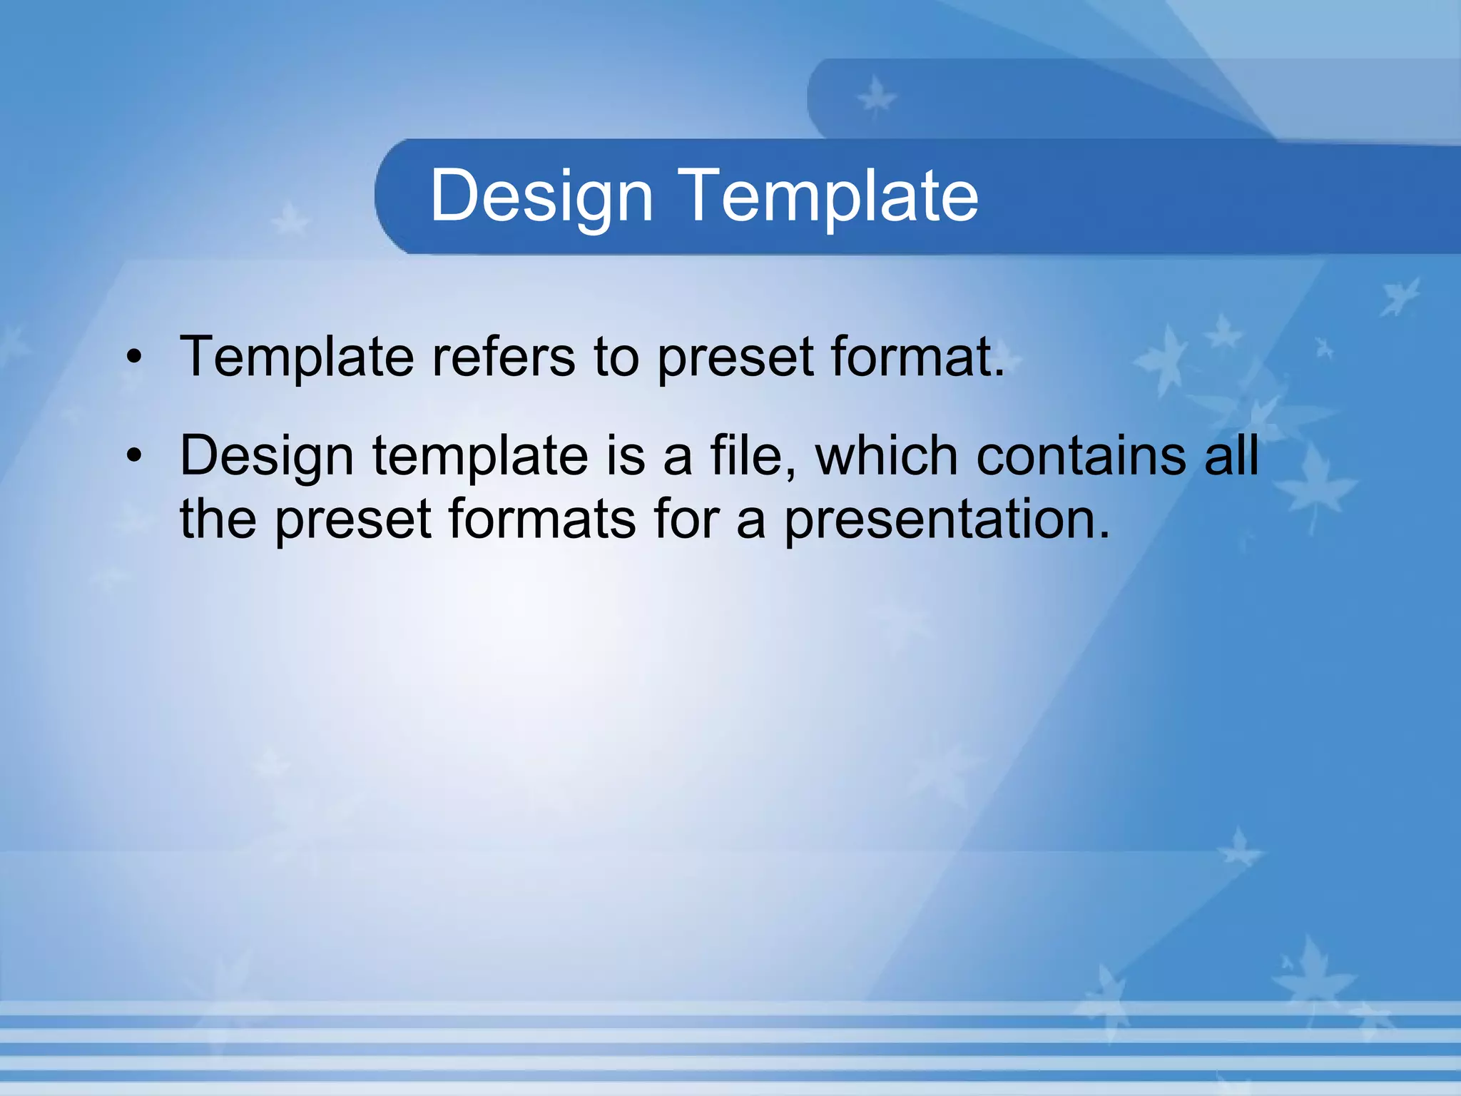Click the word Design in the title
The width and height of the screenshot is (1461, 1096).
coord(541,196)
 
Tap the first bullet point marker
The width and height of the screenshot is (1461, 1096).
coord(134,357)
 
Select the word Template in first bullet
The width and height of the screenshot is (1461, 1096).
coord(296,357)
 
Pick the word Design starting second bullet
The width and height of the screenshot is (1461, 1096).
coord(266,457)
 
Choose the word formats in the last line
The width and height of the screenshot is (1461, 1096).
coord(542,519)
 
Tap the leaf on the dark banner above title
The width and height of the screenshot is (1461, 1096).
coord(875,97)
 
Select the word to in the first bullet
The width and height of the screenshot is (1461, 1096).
coord(616,357)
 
